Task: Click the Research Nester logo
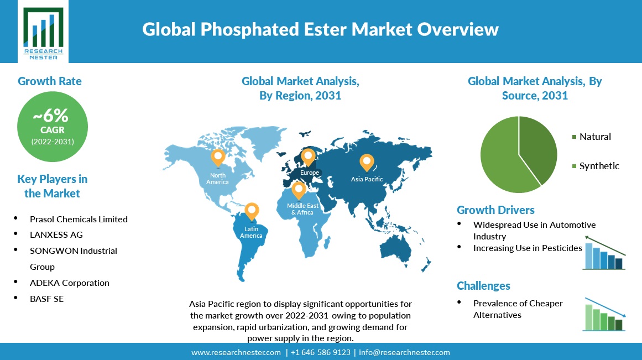tap(43, 32)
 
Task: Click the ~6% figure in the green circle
tap(51, 116)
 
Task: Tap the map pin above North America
tap(218, 158)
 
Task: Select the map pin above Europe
tap(308, 158)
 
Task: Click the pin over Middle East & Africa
tap(299, 190)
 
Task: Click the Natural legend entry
tap(592, 137)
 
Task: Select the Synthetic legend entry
tap(596, 166)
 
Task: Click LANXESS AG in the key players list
tap(56, 234)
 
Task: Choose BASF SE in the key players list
tap(46, 299)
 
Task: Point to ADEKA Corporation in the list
tap(70, 283)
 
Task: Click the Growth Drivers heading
tap(495, 210)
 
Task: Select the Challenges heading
tap(483, 286)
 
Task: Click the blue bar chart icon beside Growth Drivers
tap(604, 253)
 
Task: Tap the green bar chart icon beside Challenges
tap(604, 314)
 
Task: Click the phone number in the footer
tap(321, 353)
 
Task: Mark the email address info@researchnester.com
tap(405, 353)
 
